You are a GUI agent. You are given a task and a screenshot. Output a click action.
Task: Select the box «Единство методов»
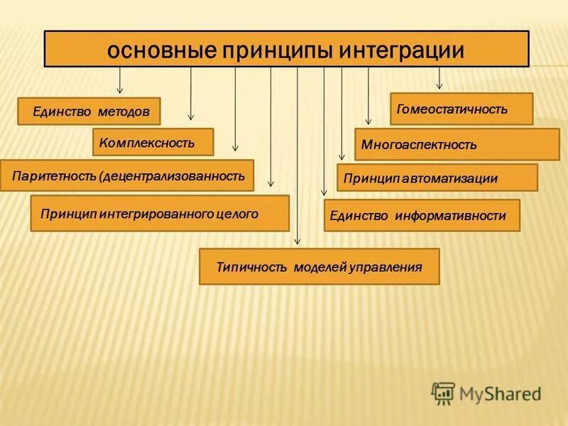(x=89, y=111)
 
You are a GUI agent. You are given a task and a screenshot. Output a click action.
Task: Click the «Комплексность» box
(x=153, y=142)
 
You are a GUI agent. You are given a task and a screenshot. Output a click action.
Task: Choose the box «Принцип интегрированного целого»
(x=160, y=213)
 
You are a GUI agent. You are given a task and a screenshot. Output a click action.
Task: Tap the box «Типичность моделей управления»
(x=319, y=267)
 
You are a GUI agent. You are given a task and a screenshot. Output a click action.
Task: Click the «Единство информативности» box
(x=422, y=215)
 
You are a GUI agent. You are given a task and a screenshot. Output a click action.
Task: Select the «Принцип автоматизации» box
(x=437, y=177)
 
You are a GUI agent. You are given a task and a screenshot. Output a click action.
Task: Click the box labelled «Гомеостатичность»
(x=461, y=109)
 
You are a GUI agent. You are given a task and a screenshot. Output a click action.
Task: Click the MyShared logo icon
(x=443, y=393)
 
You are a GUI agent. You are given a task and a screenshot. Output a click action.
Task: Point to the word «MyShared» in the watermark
(x=500, y=393)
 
